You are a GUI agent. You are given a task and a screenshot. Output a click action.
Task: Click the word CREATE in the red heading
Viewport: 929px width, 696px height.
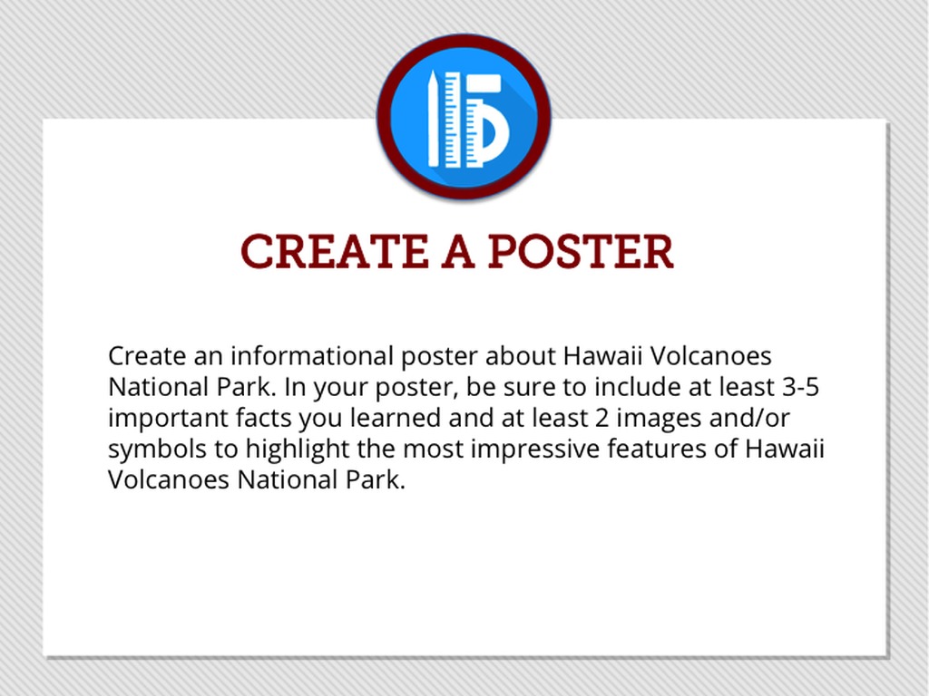coord(334,252)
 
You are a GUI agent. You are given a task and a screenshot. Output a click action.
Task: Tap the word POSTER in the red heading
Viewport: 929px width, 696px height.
coord(581,252)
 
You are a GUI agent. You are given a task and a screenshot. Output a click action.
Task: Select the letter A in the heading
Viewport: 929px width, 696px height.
coord(458,252)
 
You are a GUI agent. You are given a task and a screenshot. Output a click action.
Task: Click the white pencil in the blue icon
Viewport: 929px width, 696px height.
coord(434,119)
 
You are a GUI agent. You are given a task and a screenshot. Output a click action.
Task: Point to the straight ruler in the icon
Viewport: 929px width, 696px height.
coord(453,120)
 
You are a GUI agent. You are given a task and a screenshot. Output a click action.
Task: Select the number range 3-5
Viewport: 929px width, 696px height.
coord(800,387)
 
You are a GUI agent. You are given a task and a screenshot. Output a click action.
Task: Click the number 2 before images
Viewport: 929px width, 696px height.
coord(602,419)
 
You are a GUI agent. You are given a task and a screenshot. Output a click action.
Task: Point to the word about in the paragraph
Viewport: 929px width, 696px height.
coord(521,356)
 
